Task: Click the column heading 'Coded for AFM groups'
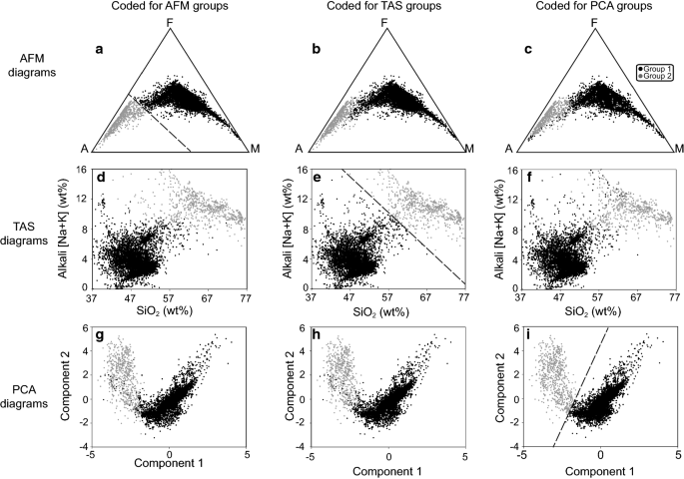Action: tap(171, 9)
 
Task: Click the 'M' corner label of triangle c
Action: tap(679, 149)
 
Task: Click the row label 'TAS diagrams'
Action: tap(36, 228)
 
